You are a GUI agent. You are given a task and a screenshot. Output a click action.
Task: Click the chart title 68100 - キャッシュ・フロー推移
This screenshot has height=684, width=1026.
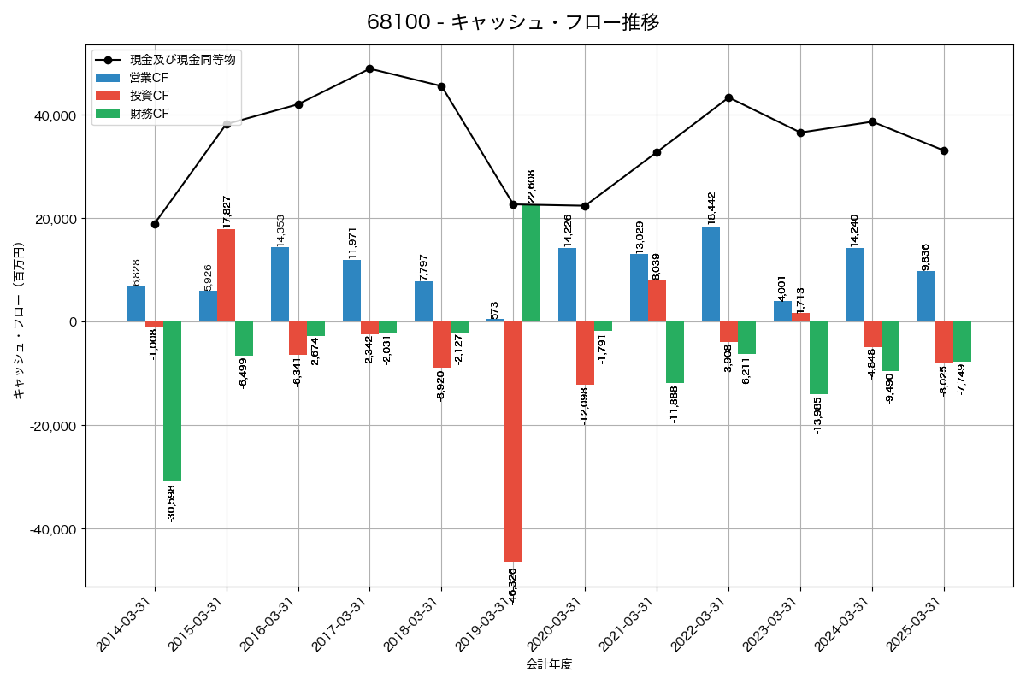click(513, 22)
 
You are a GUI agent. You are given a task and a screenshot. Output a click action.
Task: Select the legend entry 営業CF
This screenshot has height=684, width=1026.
click(149, 77)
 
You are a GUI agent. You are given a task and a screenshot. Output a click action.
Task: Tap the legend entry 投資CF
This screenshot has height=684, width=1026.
click(149, 95)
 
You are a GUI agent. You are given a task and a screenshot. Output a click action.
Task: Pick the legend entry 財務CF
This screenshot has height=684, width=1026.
click(149, 113)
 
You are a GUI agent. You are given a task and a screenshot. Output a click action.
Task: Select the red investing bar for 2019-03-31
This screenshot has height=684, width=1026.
click(513, 441)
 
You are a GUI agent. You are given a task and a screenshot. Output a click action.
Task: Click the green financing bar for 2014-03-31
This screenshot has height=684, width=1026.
click(172, 401)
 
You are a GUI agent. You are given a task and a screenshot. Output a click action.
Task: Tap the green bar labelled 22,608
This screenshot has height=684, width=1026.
click(531, 263)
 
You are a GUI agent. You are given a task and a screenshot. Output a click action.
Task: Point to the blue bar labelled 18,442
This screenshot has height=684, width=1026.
click(711, 274)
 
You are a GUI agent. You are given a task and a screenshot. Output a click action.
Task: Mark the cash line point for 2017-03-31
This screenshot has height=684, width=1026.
click(369, 68)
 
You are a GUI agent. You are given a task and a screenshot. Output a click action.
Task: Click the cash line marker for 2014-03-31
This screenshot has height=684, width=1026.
click(155, 224)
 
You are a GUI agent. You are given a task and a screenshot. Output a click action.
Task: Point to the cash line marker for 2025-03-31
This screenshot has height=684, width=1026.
click(944, 150)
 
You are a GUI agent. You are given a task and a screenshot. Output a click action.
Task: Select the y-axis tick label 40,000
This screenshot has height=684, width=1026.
click(53, 115)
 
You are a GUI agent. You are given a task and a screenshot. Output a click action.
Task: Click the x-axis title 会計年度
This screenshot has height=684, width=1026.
click(549, 664)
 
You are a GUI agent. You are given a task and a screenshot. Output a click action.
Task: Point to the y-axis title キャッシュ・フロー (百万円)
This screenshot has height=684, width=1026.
click(19, 321)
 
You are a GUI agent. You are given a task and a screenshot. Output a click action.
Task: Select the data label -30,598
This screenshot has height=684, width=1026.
click(172, 504)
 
